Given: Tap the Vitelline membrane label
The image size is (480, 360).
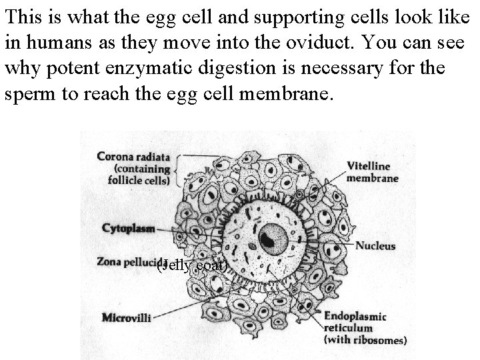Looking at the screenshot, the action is tap(373, 172).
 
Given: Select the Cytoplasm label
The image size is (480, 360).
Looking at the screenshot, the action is tap(128, 229).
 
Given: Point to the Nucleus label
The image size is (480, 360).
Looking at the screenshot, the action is tap(375, 245).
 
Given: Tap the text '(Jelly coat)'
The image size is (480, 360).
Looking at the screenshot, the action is tap(193, 267).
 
